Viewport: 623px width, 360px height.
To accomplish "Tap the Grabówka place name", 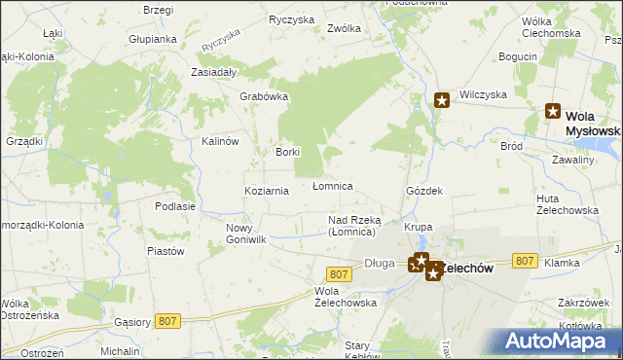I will point(265,96).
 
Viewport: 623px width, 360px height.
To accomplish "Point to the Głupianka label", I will point(153,39).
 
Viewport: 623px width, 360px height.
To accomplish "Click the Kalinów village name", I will point(220,141).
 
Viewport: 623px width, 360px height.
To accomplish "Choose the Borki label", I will point(287,152).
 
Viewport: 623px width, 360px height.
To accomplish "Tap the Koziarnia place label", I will point(266,191).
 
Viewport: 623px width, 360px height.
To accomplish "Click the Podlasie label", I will point(175,206).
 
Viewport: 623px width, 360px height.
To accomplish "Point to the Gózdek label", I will point(424,191).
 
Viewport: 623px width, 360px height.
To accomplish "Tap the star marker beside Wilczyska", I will point(442,99).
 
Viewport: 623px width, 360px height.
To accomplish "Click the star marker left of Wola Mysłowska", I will point(554,112).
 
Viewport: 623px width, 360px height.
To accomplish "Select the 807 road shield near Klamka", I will point(525,261).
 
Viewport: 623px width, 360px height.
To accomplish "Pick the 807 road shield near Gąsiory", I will point(168,319).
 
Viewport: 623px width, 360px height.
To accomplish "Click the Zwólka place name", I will point(345,28).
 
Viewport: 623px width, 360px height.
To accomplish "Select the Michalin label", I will point(120,350).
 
